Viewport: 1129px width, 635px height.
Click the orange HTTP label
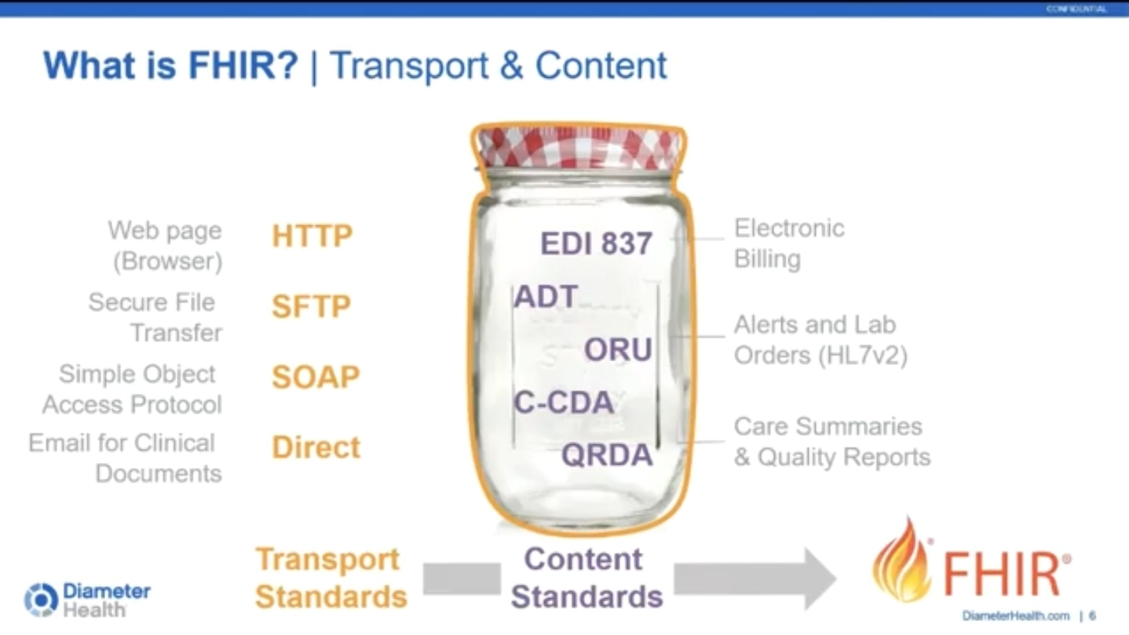(x=312, y=236)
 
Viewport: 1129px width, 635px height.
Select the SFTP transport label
(x=311, y=307)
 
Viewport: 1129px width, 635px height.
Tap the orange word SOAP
(x=316, y=378)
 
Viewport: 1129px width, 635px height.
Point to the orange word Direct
(x=316, y=447)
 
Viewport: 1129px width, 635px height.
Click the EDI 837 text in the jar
(x=596, y=243)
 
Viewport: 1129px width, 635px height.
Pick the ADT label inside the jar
(x=546, y=297)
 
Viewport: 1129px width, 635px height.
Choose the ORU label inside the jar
(x=618, y=350)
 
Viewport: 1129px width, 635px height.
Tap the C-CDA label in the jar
(x=564, y=403)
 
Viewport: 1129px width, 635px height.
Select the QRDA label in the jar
(x=607, y=455)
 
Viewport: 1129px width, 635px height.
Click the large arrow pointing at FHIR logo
(x=754, y=578)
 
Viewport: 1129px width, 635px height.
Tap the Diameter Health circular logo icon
(x=41, y=600)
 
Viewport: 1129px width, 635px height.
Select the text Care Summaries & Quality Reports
(x=831, y=442)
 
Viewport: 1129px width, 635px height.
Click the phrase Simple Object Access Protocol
(x=132, y=389)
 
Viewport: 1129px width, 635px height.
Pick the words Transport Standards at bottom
(x=331, y=578)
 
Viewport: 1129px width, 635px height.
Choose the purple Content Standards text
(x=586, y=578)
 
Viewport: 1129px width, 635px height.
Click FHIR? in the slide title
(x=244, y=65)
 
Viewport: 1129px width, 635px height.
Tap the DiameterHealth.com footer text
(x=1015, y=616)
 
